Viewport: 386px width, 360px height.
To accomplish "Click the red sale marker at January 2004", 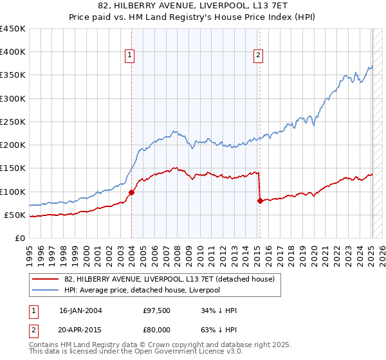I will pos(131,192).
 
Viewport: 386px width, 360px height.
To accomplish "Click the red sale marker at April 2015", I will pos(260,201).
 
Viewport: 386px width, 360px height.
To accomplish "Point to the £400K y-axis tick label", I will pos(13,52).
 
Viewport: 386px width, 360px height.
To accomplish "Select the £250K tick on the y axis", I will pos(13,122).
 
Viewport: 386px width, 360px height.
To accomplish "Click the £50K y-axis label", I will pos(15,215).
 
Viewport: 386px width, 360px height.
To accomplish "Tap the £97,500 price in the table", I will pos(157,310).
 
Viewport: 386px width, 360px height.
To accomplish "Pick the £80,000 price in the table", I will pos(157,330).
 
